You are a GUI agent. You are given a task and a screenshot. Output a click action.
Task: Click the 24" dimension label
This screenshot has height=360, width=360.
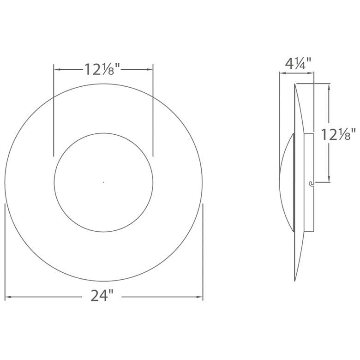point(102,295)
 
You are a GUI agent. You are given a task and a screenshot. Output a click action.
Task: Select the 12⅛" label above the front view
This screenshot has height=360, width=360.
point(102,69)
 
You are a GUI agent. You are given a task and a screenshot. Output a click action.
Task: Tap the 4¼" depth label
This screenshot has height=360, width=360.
point(298,63)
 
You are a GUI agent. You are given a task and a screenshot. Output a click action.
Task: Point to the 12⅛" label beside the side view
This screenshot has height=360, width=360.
point(338,134)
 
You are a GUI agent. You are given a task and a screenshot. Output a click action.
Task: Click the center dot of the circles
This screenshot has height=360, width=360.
point(103,182)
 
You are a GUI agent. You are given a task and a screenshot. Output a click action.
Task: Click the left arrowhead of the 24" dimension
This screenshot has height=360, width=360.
point(8,297)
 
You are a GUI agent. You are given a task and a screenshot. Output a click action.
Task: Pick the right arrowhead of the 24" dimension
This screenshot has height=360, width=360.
point(199,297)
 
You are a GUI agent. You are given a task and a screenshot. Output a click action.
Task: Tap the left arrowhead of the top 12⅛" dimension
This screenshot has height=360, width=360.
point(57,69)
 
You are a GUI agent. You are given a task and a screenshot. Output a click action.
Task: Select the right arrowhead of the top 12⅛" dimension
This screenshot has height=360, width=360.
point(150,69)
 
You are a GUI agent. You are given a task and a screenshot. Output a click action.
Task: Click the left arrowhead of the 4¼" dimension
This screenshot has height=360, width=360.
point(282,73)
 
